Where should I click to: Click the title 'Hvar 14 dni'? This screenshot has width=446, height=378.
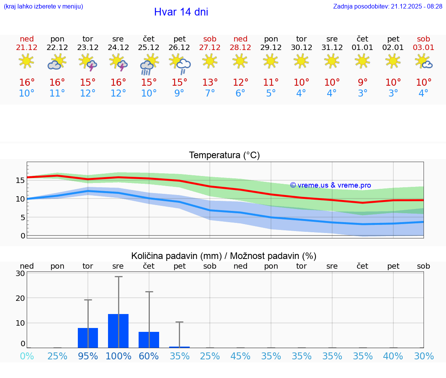pyautogui.click(x=181, y=12)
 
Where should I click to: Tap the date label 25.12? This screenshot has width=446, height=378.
pyautogui.click(x=149, y=47)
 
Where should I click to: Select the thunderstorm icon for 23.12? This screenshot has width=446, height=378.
pyautogui.click(x=88, y=62)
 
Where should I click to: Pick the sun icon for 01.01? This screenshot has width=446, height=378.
pyautogui.click(x=362, y=61)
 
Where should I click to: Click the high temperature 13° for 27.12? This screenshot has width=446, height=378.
pyautogui.click(x=210, y=82)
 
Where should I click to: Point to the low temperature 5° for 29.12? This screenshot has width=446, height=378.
pyautogui.click(x=271, y=93)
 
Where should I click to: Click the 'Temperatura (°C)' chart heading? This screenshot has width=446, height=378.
pyautogui.click(x=224, y=155)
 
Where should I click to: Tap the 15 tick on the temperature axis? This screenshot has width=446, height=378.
pyautogui.click(x=20, y=180)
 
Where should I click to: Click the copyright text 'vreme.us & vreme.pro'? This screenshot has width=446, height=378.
pyautogui.click(x=331, y=185)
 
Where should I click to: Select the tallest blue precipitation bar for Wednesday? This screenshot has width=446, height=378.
pyautogui.click(x=118, y=331)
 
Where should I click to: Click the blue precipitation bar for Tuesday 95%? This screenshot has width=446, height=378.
pyautogui.click(x=88, y=338)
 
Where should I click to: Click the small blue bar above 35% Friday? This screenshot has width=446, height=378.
pyautogui.click(x=180, y=347)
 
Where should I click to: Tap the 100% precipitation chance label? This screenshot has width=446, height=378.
pyautogui.click(x=118, y=356)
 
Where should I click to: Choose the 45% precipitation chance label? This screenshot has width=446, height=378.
pyautogui.click(x=240, y=356)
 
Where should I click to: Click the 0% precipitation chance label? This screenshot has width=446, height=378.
pyautogui.click(x=27, y=356)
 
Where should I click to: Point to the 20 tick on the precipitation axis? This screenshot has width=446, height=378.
pyautogui.click(x=21, y=298)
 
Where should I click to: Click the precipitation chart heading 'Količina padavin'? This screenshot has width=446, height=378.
pyautogui.click(x=224, y=256)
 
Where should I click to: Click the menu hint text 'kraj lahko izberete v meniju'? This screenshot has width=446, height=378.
pyautogui.click(x=43, y=7)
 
